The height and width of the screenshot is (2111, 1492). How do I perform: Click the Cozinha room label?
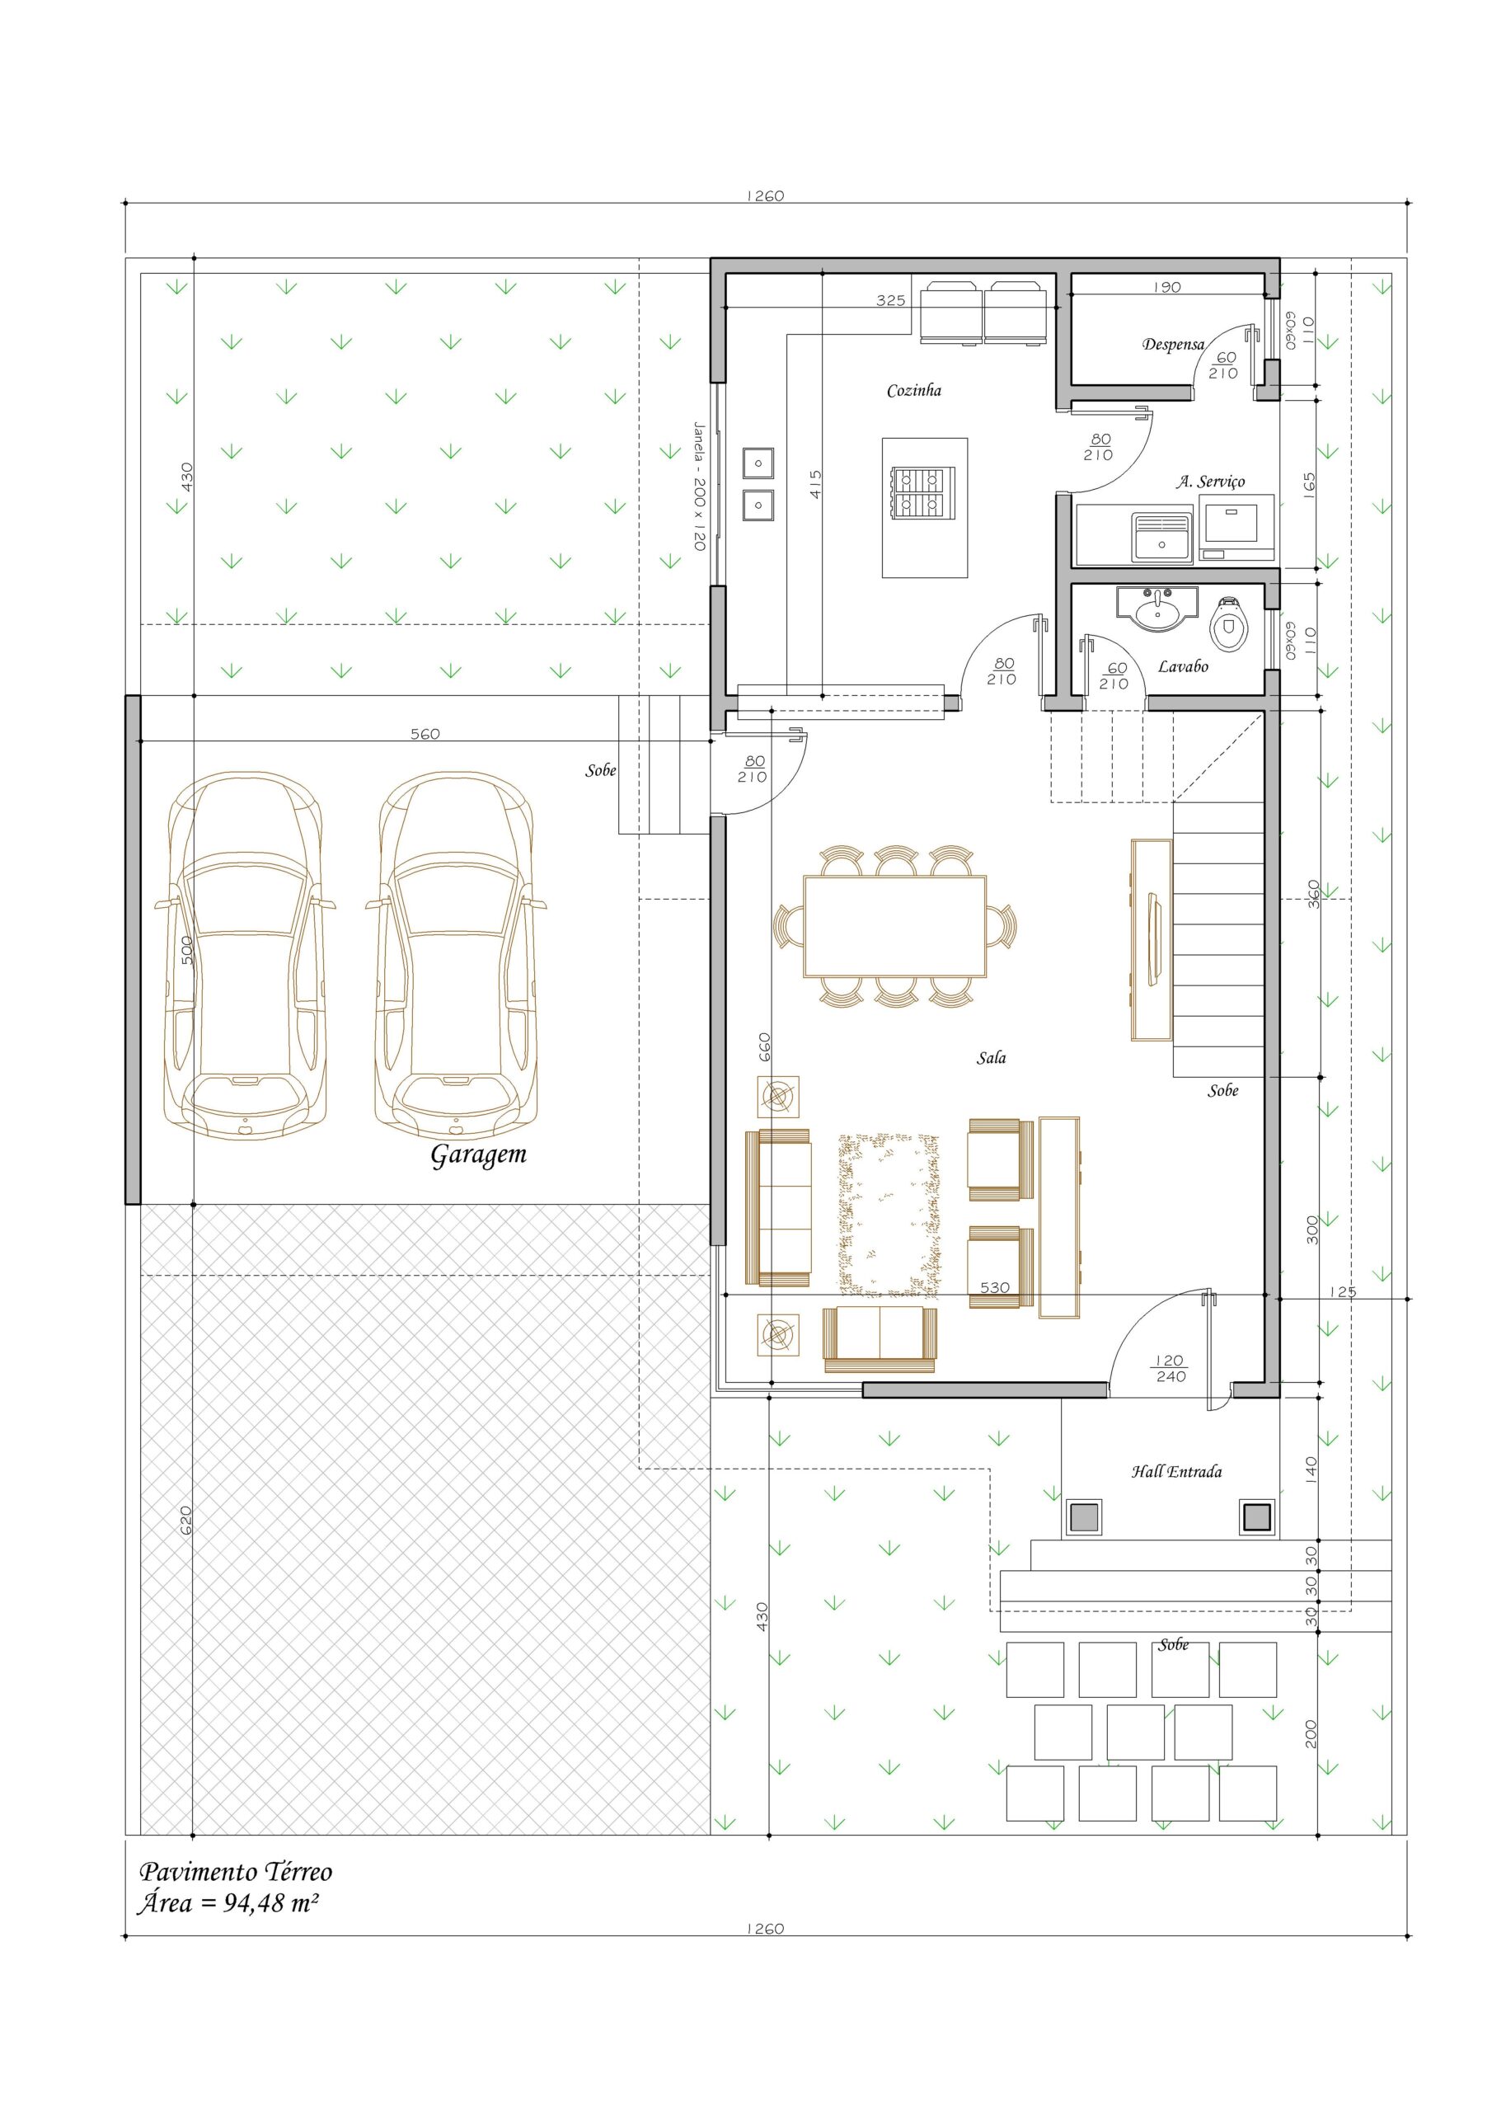(x=914, y=391)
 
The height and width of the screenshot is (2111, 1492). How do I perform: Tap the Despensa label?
(x=1173, y=345)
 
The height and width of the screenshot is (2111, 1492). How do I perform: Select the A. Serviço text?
(x=1211, y=482)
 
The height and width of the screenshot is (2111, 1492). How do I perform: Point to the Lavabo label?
(x=1182, y=666)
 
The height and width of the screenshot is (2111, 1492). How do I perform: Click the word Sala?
(x=991, y=1058)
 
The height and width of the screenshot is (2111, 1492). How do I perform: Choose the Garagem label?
(x=478, y=1156)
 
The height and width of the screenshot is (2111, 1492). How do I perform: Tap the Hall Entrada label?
(x=1176, y=1472)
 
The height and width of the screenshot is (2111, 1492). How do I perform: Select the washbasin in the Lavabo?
(x=1157, y=609)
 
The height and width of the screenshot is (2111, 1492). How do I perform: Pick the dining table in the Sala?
(x=894, y=926)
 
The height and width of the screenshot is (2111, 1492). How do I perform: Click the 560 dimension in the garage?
(x=425, y=734)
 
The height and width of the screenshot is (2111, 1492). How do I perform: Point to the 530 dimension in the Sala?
(x=995, y=1287)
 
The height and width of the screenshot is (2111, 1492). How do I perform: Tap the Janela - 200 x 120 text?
(x=699, y=487)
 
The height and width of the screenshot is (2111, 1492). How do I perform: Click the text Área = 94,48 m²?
(x=229, y=1903)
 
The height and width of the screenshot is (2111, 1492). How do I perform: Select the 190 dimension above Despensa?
(x=1166, y=287)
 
